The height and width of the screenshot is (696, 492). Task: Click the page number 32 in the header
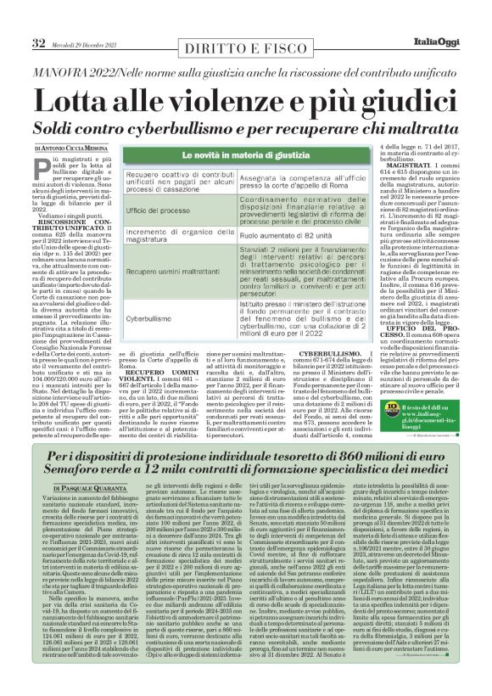coord(40,19)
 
